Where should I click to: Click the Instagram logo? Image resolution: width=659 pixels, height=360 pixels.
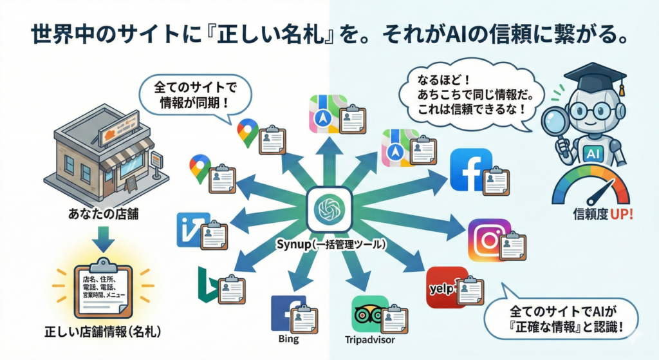488,240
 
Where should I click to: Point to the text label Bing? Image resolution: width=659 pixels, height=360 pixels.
288,339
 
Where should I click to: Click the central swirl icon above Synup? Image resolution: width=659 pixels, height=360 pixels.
329,209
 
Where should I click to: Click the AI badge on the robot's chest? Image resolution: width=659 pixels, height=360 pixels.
592,153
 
